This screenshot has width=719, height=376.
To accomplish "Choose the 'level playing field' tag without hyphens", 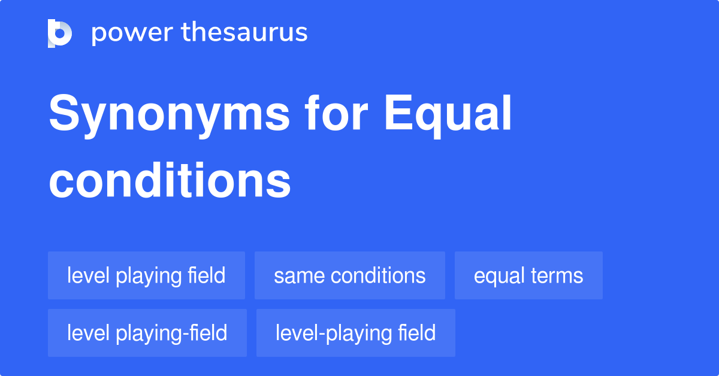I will pyautogui.click(x=146, y=276).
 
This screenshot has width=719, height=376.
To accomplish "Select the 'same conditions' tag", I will pyautogui.click(x=349, y=276).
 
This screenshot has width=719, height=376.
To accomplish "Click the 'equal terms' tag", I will pyautogui.click(x=528, y=276).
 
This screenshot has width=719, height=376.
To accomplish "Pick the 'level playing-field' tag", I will pyautogui.click(x=147, y=333).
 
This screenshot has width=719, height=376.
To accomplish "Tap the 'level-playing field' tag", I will pyautogui.click(x=355, y=333).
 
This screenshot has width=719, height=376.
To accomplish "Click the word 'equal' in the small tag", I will pyautogui.click(x=499, y=276).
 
